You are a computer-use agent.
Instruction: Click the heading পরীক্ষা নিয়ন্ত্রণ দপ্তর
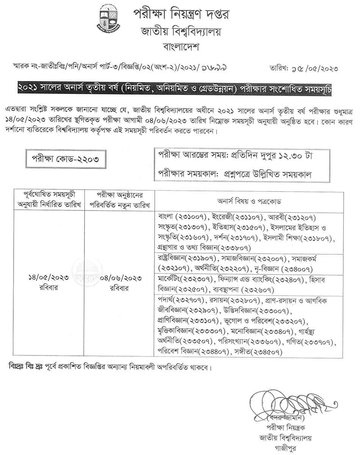pos(181,14)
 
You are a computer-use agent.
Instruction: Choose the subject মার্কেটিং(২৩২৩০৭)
pos(185,279)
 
